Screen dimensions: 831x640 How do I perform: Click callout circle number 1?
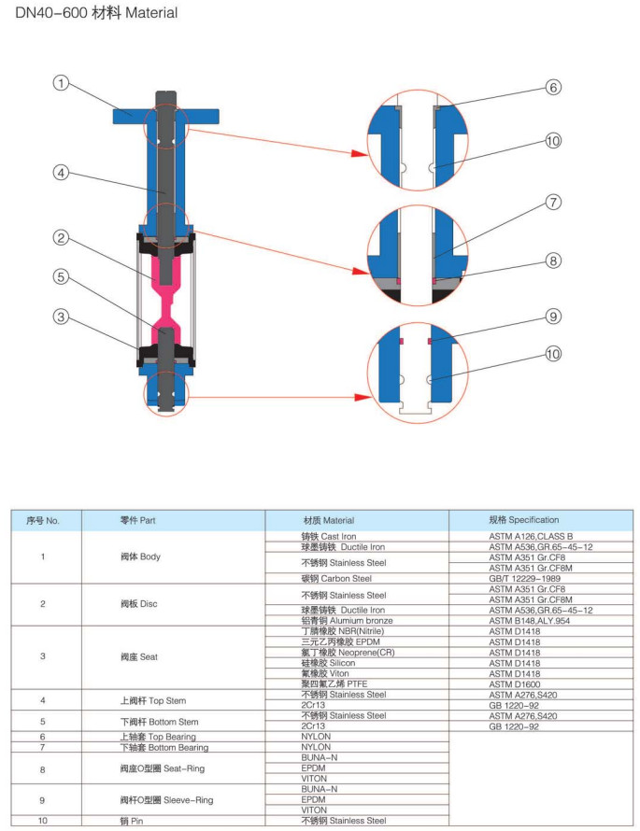click(62, 84)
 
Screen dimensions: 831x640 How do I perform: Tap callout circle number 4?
click(62, 173)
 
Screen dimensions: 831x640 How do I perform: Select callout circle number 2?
click(62, 239)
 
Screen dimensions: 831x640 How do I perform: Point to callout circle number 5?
click(62, 276)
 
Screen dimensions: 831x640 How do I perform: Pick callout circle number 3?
click(62, 317)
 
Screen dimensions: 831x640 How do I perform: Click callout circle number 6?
click(553, 88)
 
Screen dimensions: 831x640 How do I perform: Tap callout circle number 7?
click(553, 202)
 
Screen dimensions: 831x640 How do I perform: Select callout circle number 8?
click(553, 261)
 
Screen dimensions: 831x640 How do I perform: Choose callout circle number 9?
click(553, 317)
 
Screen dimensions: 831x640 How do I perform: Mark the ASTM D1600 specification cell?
click(515, 683)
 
